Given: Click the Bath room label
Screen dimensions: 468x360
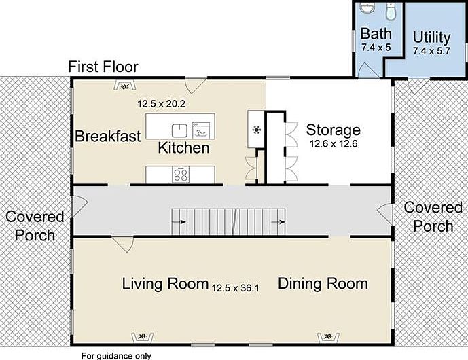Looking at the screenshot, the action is point(376,33).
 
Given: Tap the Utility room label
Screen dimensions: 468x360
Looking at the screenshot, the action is point(431,37).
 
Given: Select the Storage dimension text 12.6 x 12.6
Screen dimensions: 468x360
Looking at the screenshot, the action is point(334,144).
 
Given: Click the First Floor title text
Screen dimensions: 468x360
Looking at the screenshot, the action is point(103,67).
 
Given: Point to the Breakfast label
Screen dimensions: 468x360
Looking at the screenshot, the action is point(108,136).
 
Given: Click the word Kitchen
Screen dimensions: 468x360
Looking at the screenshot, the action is point(183,148).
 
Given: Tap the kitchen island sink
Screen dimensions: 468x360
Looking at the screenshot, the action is point(180,130).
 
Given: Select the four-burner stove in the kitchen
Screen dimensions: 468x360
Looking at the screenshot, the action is point(181,175).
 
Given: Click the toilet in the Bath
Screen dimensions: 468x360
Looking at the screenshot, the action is point(391,12).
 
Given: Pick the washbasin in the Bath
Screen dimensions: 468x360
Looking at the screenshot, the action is point(367,8).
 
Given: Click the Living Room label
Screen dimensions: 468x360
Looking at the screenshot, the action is point(165,283).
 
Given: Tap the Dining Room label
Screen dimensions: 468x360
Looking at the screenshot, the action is point(323,283).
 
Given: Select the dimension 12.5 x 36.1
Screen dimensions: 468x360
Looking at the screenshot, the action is point(236,289).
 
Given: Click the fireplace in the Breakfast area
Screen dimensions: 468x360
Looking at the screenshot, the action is point(125,86).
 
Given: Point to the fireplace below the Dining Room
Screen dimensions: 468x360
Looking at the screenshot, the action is point(328,338).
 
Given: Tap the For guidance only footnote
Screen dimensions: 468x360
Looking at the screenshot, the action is point(116,356).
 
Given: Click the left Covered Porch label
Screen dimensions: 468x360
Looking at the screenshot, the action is point(35,226).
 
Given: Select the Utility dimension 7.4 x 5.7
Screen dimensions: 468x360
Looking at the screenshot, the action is point(431,51).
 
